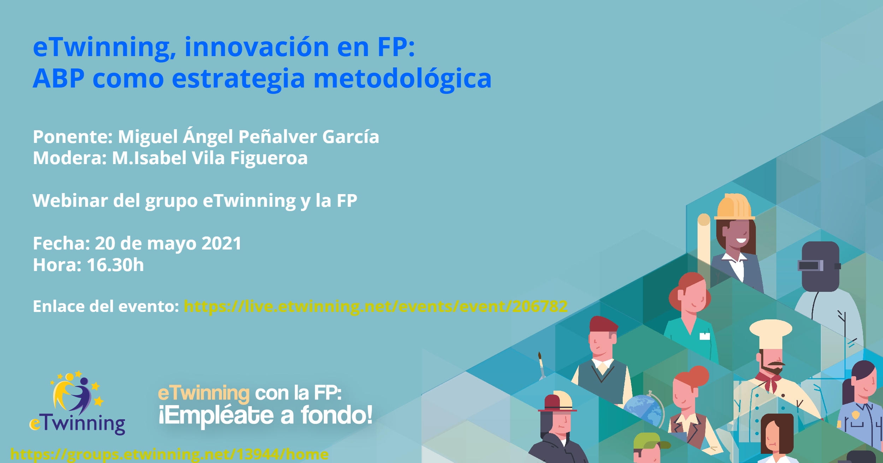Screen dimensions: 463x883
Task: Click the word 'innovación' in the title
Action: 257,47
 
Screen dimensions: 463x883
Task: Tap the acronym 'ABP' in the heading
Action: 58,78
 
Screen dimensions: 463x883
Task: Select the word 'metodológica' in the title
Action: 402,78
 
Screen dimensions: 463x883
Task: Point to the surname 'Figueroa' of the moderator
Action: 269,158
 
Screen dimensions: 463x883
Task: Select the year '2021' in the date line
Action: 221,243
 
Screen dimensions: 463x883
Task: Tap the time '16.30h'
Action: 115,265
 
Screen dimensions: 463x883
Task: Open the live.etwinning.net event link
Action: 375,306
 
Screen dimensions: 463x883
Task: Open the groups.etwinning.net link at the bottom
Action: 170,454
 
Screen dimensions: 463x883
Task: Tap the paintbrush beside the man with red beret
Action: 541,365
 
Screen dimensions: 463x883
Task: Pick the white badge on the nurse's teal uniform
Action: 705,336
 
